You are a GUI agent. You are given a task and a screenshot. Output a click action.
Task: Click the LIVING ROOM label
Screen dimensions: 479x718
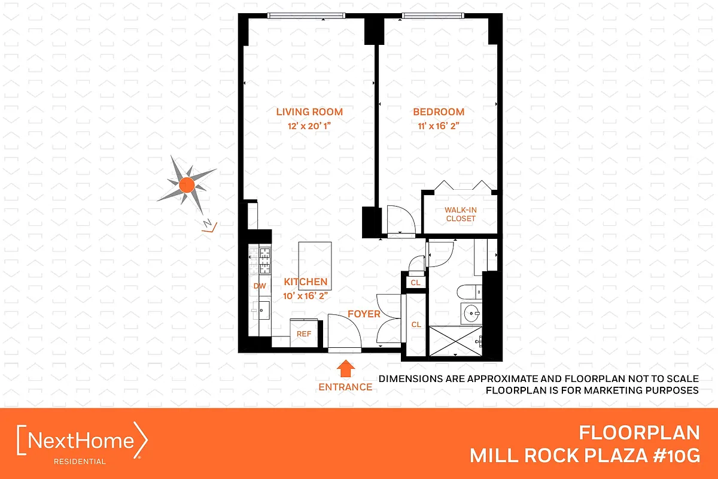click(x=309, y=111)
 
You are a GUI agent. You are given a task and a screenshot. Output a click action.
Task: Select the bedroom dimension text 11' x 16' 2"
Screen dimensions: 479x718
click(x=438, y=126)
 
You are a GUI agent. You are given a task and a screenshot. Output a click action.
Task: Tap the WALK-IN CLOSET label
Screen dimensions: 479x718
click(x=460, y=214)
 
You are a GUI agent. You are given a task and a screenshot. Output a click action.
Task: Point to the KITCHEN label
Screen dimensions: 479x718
click(x=305, y=282)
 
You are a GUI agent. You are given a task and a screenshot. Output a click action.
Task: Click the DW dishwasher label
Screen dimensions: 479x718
click(x=259, y=286)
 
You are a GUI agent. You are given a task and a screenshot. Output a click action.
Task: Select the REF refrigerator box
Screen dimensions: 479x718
click(x=303, y=334)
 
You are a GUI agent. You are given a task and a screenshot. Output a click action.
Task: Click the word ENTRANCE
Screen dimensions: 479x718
click(x=345, y=387)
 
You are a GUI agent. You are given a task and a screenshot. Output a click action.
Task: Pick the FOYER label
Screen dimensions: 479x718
click(x=364, y=314)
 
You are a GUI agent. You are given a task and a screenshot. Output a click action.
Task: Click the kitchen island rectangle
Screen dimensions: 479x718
click(x=315, y=258)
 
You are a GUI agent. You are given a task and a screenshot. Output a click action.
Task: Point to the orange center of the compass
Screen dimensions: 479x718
click(x=186, y=184)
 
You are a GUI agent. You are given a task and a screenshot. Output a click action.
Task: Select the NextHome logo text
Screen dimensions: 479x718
click(x=83, y=441)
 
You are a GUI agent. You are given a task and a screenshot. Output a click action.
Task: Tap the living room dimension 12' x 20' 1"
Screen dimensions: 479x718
click(x=309, y=126)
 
